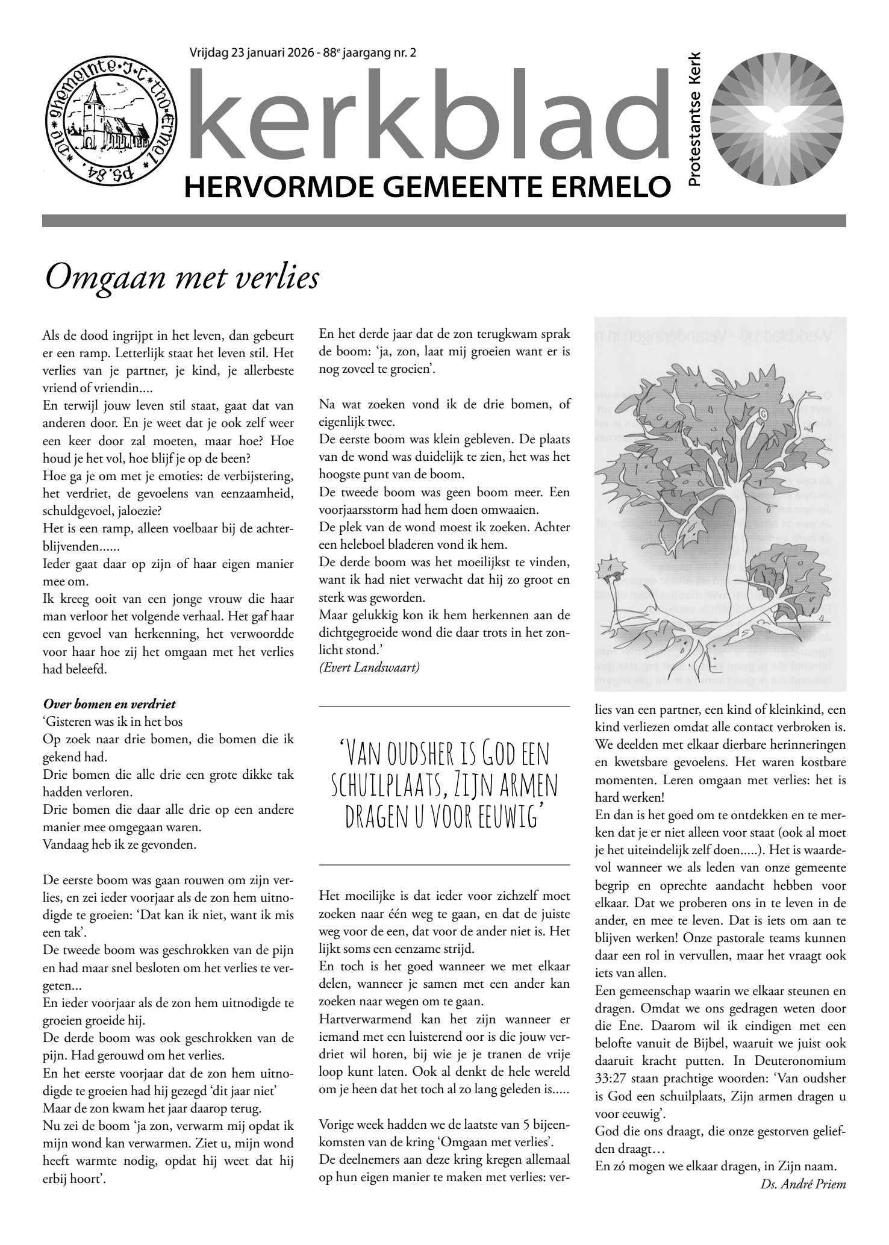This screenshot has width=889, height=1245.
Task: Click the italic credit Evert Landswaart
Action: click(x=369, y=668)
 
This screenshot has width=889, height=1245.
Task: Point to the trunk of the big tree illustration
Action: click(x=735, y=536)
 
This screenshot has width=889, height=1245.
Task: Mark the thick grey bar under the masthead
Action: click(x=444, y=221)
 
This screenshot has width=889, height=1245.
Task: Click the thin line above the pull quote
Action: click(x=444, y=705)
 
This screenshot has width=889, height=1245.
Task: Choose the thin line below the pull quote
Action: click(x=444, y=865)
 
